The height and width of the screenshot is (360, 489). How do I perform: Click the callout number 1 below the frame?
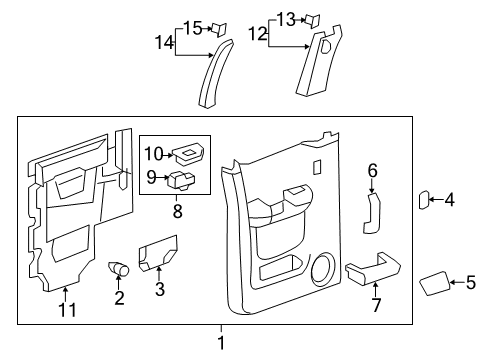[x=223, y=343]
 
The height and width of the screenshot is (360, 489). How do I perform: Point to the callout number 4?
[x=449, y=201]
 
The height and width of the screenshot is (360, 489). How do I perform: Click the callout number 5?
[x=470, y=283]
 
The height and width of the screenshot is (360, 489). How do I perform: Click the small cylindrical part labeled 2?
[x=120, y=269]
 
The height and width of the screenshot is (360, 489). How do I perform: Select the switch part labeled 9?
[x=183, y=181]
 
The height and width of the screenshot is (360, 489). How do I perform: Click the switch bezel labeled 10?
[x=186, y=154]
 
